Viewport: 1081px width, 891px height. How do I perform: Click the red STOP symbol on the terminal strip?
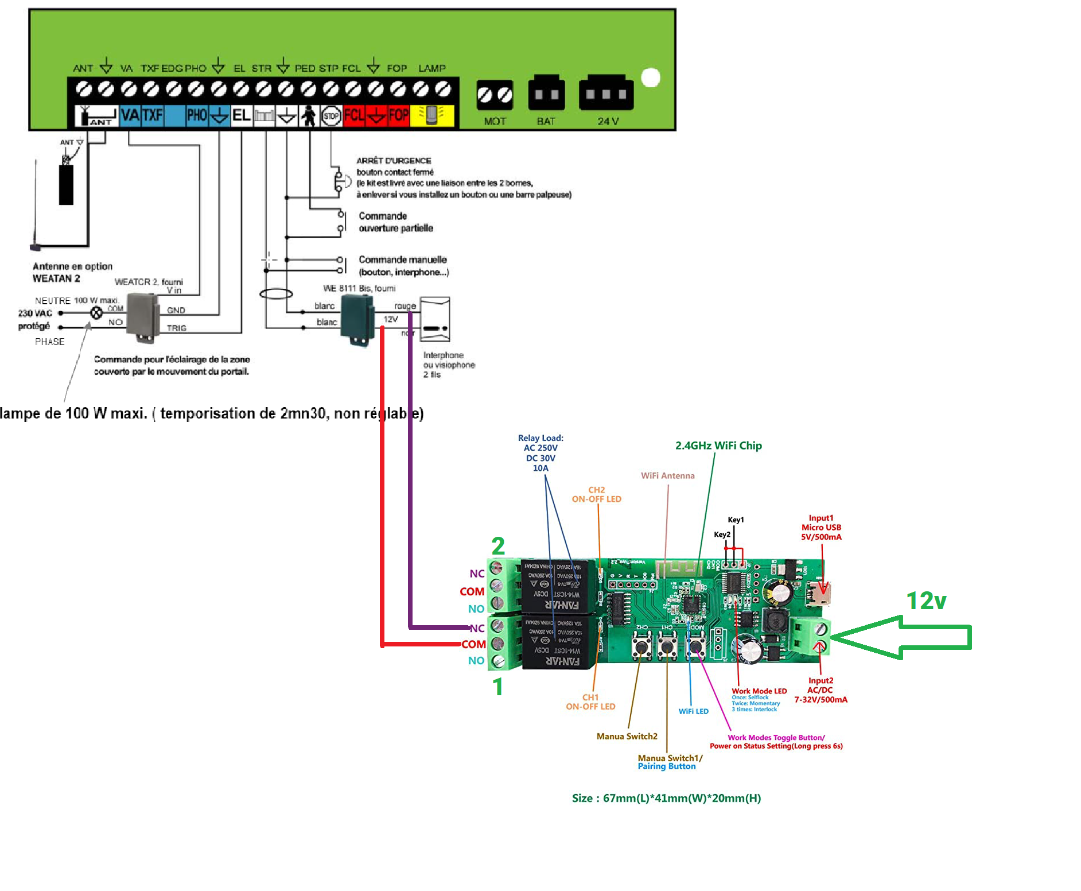pyautogui.click(x=331, y=116)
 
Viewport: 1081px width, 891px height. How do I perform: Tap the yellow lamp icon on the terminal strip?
pyautogui.click(x=432, y=115)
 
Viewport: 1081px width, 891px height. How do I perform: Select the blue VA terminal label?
pyautogui.click(x=130, y=115)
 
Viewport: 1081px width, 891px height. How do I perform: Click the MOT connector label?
pyautogui.click(x=495, y=121)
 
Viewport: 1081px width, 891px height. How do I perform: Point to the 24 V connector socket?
pyautogui.click(x=606, y=94)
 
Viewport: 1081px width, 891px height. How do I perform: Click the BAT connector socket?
pyautogui.click(x=546, y=94)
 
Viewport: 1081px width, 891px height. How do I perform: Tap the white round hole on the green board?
pyautogui.click(x=651, y=78)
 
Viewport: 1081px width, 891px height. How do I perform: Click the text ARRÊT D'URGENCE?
pyautogui.click(x=394, y=161)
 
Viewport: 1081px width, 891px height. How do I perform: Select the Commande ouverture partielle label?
pyautogui.click(x=395, y=222)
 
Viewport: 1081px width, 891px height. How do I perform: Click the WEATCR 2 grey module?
pyautogui.click(x=142, y=317)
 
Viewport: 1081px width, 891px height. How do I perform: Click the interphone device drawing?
pyautogui.click(x=435, y=319)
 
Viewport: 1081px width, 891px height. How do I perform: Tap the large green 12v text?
pyautogui.click(x=926, y=601)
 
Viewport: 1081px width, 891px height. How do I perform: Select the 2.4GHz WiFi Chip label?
pyautogui.click(x=718, y=445)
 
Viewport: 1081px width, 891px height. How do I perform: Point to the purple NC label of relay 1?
pyautogui.click(x=477, y=628)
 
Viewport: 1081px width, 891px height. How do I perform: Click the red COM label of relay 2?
pyautogui.click(x=472, y=591)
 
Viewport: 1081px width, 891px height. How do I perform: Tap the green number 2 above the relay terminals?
pyautogui.click(x=498, y=545)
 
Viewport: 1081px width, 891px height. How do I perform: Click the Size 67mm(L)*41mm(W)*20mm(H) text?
pyautogui.click(x=666, y=798)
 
